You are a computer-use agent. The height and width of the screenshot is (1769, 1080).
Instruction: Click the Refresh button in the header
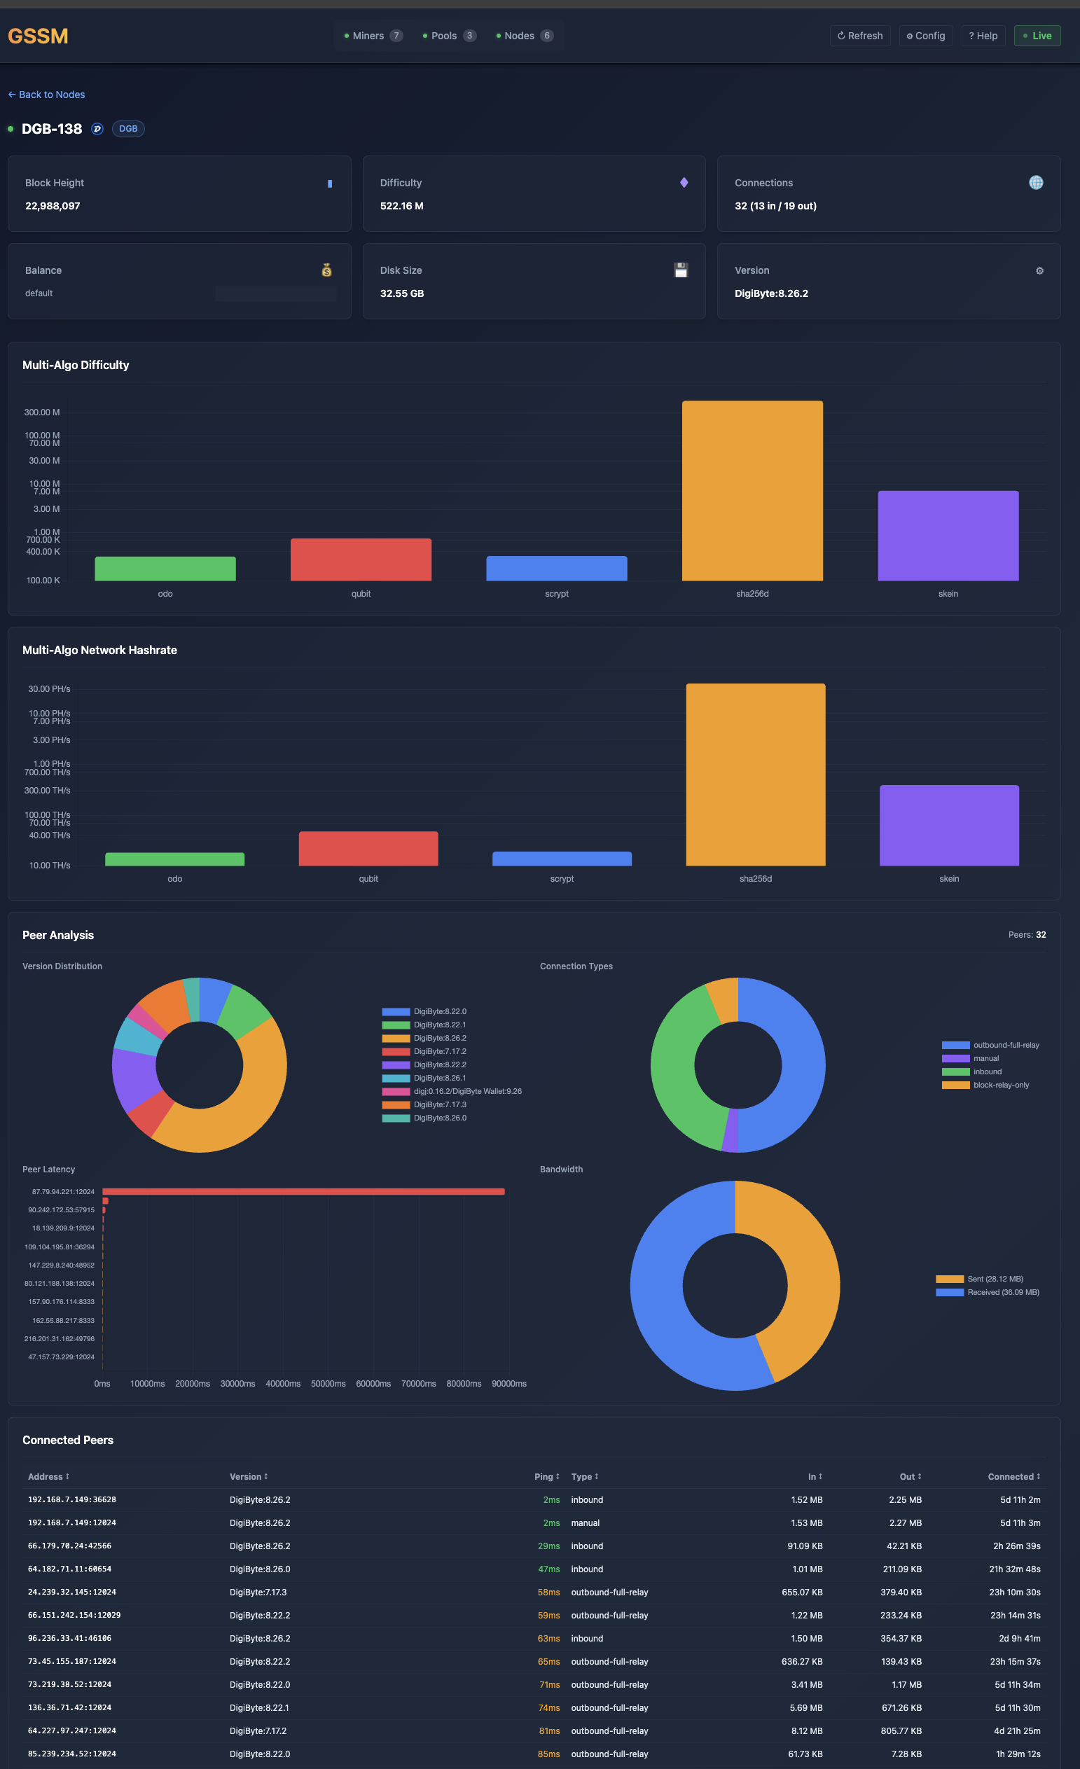point(859,36)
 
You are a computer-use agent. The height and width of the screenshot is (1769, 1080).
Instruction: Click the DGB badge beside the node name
point(127,130)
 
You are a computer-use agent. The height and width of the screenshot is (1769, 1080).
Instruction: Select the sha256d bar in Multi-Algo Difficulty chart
point(752,491)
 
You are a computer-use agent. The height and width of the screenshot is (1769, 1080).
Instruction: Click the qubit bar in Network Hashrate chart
point(368,849)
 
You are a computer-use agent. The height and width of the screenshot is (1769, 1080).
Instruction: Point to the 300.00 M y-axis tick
point(41,412)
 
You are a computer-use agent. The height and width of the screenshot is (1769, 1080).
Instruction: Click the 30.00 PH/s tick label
point(49,689)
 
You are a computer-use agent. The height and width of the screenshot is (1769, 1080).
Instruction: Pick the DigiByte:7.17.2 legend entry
point(439,1052)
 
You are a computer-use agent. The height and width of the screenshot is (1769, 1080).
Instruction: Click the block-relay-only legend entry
point(1000,1085)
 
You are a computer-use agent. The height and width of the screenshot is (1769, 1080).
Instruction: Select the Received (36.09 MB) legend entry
point(1002,1292)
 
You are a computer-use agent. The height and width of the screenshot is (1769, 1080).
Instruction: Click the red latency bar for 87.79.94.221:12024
point(303,1192)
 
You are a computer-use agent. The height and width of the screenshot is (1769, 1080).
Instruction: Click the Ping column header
point(546,1477)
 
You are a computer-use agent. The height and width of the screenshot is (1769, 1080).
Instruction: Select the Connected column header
point(1013,1477)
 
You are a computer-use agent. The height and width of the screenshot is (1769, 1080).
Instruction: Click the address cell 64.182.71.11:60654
point(69,1569)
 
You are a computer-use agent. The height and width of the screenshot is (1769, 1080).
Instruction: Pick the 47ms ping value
point(548,1569)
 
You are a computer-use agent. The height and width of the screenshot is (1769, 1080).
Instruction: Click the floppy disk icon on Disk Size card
point(681,270)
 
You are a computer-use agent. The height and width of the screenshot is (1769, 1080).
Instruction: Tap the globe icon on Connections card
point(1035,183)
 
